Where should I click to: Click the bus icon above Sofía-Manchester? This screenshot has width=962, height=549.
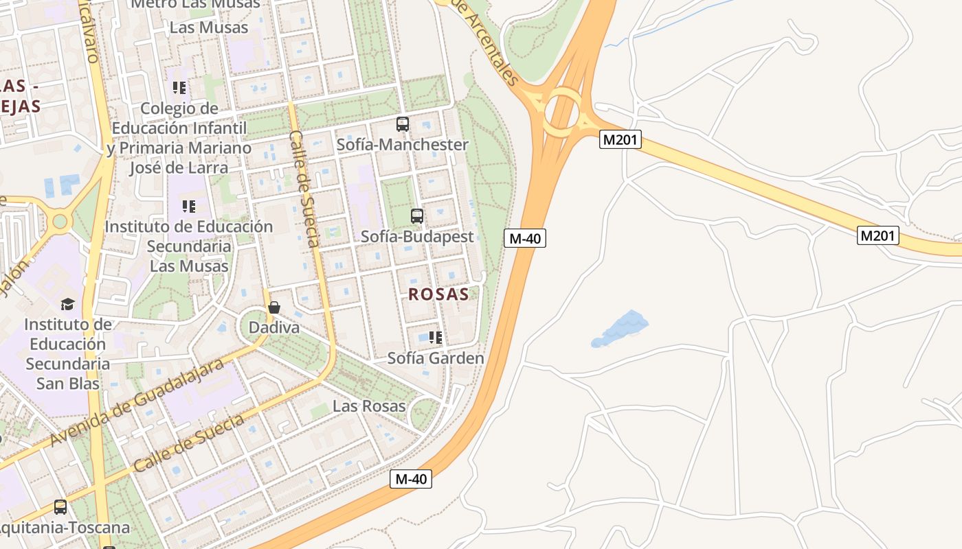pyautogui.click(x=403, y=124)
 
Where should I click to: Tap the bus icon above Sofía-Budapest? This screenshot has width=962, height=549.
pyautogui.click(x=417, y=216)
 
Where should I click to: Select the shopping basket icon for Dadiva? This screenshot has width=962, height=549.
pyautogui.click(x=274, y=307)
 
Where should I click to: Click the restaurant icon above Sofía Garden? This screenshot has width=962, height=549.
pyautogui.click(x=435, y=338)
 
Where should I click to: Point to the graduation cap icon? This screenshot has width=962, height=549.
pyautogui.click(x=67, y=304)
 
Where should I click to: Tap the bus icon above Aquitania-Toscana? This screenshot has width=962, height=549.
pyautogui.click(x=60, y=507)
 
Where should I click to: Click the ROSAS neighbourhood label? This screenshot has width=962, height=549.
pyautogui.click(x=438, y=294)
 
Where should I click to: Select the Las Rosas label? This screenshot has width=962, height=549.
pyautogui.click(x=369, y=406)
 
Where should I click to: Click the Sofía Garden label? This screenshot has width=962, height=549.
pyautogui.click(x=436, y=358)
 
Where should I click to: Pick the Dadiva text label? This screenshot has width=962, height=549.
pyautogui.click(x=274, y=327)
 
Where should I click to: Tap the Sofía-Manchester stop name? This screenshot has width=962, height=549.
pyautogui.click(x=402, y=144)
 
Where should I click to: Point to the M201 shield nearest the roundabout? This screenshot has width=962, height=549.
pyautogui.click(x=620, y=140)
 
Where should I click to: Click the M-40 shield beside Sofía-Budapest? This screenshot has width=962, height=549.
pyautogui.click(x=525, y=238)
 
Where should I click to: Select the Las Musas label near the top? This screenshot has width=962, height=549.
pyautogui.click(x=209, y=27)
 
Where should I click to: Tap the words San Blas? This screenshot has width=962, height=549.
pyautogui.click(x=68, y=383)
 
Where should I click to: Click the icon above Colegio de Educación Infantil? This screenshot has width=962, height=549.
pyautogui.click(x=179, y=88)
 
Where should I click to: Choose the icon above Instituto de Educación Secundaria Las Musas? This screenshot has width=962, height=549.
pyautogui.click(x=189, y=206)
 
